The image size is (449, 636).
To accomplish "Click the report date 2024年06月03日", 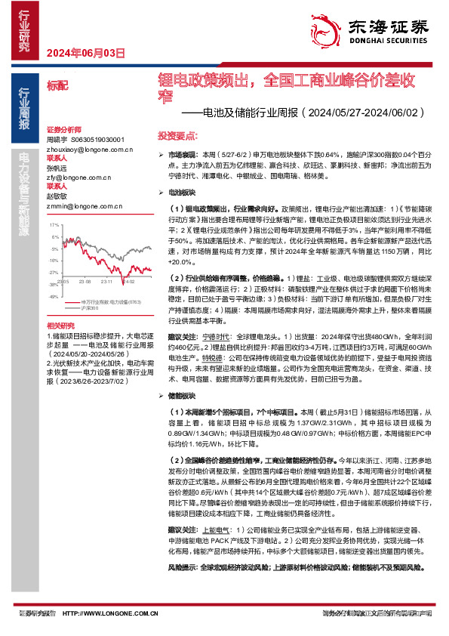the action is click(x=85, y=53).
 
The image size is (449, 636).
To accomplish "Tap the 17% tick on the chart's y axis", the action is click(x=54, y=225).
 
